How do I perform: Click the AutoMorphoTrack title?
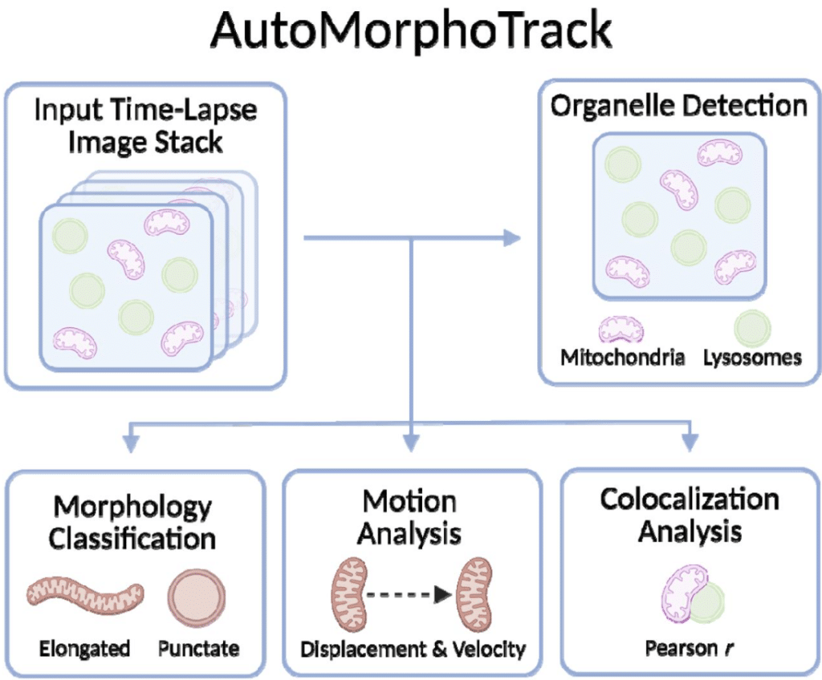[x=411, y=32]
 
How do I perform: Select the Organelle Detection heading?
[x=678, y=106]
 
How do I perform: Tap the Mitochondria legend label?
[x=623, y=357]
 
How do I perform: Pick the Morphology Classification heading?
[x=132, y=522]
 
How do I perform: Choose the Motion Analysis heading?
[x=409, y=517]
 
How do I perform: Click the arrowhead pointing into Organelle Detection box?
[x=511, y=237]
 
